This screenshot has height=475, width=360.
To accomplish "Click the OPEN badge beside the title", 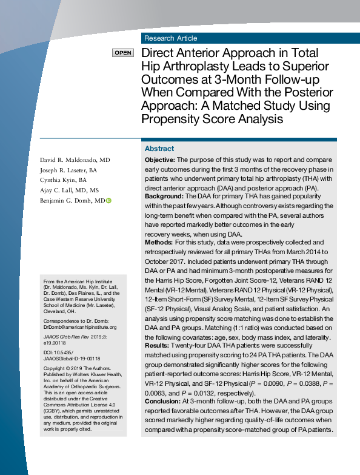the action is (x=122, y=53).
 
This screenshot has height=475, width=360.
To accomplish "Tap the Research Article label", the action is (x=170, y=38).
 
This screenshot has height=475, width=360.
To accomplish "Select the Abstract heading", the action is (x=159, y=149).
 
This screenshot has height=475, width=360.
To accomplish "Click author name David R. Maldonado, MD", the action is (x=75, y=159).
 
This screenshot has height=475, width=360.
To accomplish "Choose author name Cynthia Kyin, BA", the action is (x=64, y=180).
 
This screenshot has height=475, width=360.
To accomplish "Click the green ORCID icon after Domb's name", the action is (x=109, y=200).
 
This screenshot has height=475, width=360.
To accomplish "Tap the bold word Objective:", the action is (x=160, y=159).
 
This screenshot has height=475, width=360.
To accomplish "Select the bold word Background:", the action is (x=164, y=197).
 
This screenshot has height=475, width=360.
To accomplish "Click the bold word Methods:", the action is (x=159, y=243).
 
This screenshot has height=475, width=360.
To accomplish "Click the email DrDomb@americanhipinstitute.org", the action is (x=76, y=328).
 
